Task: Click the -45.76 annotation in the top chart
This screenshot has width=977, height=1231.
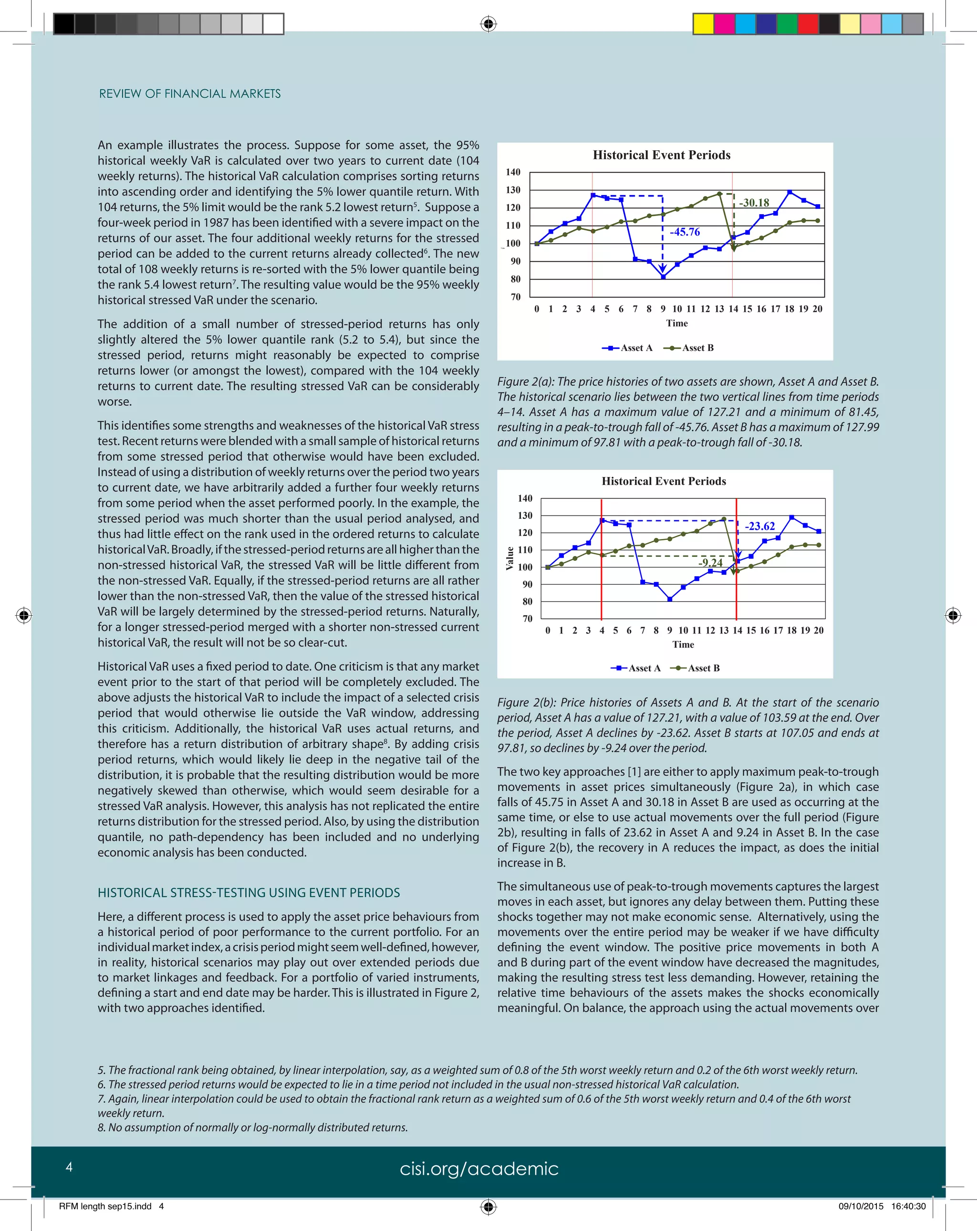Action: (684, 232)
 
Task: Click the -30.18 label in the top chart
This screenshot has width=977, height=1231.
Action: (754, 203)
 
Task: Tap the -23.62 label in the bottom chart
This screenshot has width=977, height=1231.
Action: (759, 526)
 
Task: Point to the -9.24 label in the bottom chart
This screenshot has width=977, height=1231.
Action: (710, 562)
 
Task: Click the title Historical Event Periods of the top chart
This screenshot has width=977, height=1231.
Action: (661, 155)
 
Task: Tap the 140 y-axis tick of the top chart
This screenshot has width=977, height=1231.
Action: (513, 172)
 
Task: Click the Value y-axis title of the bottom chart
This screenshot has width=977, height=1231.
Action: (509, 559)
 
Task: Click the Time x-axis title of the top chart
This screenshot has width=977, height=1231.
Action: (676, 323)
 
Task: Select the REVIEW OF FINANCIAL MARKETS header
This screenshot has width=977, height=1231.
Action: (189, 93)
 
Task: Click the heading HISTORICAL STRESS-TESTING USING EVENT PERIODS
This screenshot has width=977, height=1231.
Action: (249, 892)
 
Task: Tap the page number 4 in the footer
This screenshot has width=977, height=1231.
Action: (69, 1167)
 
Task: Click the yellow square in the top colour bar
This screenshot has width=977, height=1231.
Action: (703, 24)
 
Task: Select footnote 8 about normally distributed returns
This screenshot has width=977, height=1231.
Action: (252, 1127)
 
